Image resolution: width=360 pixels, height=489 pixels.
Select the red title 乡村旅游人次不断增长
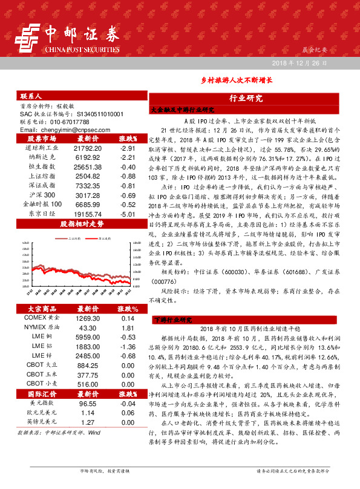coord(237,79)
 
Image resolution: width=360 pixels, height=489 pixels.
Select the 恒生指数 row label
coord(42,167)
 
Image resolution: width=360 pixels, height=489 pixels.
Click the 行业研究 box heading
coord(246,98)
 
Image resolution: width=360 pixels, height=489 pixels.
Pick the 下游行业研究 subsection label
coord(172,319)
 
